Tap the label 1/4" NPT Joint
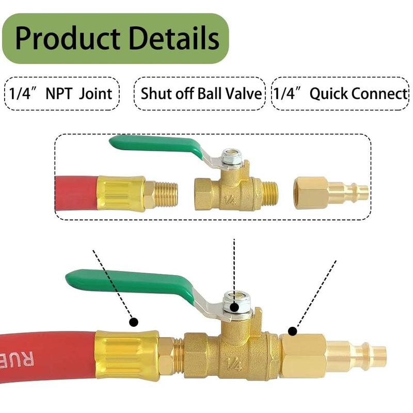(x=61, y=94)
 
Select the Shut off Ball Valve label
(x=200, y=94)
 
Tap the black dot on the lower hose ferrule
(x=133, y=322)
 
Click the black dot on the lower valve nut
(x=234, y=307)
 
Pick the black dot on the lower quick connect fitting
(x=292, y=331)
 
